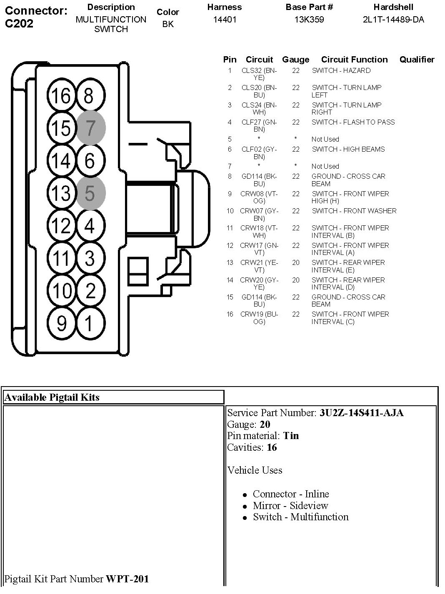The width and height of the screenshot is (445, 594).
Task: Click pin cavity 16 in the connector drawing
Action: point(62,96)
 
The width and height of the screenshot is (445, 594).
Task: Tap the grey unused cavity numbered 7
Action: point(90,128)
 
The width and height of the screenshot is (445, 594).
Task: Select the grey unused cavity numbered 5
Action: point(90,193)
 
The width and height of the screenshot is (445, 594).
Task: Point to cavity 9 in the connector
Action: point(62,323)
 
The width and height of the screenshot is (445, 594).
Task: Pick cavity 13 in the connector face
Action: point(62,193)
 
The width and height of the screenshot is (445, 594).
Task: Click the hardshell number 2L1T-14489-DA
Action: point(393,20)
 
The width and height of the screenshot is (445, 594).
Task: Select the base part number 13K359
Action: point(309,20)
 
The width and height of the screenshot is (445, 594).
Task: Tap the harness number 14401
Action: point(225,20)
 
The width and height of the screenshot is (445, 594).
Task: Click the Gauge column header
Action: point(295,60)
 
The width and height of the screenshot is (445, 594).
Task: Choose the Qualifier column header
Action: point(417,60)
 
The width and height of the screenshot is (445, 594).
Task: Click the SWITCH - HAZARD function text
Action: point(341,71)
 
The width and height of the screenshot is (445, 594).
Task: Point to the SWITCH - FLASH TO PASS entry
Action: point(353,122)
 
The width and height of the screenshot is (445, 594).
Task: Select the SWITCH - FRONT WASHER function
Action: point(354,211)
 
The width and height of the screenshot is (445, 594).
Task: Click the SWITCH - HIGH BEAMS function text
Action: point(348,149)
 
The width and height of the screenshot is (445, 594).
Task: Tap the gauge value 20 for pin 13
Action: point(296,262)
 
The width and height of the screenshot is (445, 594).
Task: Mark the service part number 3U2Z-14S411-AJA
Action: point(361,413)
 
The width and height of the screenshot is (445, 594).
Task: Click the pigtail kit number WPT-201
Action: point(127,579)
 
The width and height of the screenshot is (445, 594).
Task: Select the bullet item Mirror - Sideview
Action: point(290,505)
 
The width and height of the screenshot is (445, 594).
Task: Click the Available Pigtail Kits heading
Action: point(52,397)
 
